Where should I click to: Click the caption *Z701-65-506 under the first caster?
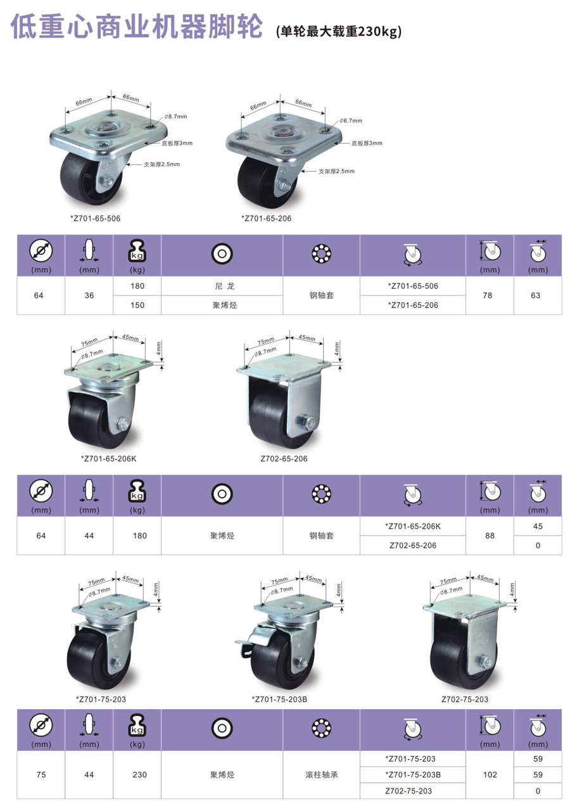[95, 218]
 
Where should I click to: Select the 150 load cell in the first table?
[137, 305]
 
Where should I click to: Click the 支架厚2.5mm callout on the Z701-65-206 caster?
[336, 171]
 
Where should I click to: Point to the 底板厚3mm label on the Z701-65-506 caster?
[177, 143]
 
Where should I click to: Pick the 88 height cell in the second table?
[490, 535]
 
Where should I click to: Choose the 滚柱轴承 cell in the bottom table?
[321, 774]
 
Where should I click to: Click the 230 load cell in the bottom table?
[139, 774]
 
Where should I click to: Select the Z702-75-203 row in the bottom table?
[408, 791]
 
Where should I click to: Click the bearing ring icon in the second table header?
[321, 494]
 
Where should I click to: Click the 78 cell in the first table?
[488, 295]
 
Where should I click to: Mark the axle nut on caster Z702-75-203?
[485, 662]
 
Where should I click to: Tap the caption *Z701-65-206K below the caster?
[108, 459]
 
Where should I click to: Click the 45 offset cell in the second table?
[538, 526]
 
